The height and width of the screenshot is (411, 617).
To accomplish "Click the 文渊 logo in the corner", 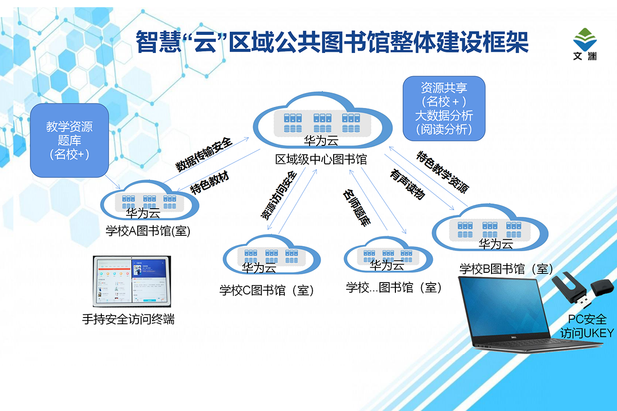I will click(x=586, y=44).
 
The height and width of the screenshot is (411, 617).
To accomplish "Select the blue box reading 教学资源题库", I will click(x=69, y=140).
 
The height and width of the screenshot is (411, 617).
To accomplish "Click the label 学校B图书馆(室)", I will click(x=506, y=269).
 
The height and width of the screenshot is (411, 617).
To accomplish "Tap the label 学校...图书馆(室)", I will click(x=394, y=288).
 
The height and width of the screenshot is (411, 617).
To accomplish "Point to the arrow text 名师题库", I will click(x=357, y=208).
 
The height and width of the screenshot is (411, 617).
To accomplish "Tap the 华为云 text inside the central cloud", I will click(x=321, y=140).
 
